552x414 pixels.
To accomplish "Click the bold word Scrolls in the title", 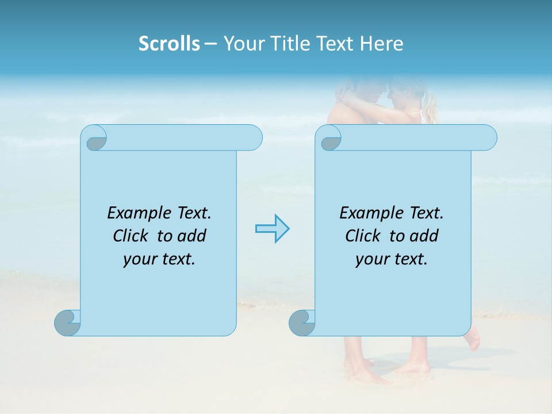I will [169, 44].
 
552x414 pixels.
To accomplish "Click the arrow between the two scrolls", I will [272, 229].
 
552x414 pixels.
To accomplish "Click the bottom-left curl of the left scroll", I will [67, 323].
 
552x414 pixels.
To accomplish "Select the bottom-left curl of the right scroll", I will [302, 323].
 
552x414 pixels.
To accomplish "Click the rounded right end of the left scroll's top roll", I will [253, 138].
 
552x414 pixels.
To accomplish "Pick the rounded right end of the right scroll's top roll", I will [488, 138].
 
